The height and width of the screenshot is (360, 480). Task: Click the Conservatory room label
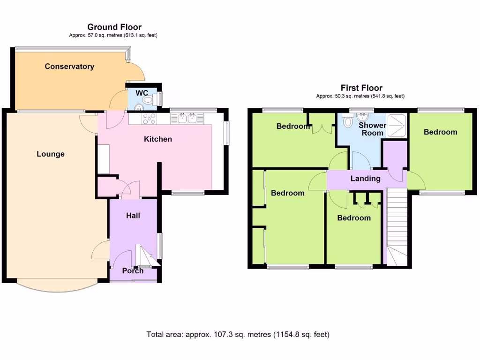click(x=69, y=67)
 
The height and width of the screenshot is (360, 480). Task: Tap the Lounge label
click(x=51, y=154)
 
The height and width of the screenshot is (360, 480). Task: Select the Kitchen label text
click(x=158, y=139)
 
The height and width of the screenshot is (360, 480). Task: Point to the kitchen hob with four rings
click(x=149, y=119)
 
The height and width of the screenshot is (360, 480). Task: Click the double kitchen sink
click(x=187, y=119)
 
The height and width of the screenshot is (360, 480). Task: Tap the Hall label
click(x=133, y=216)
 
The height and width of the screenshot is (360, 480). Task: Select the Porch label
click(x=133, y=271)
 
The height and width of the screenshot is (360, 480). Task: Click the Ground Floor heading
click(x=114, y=27)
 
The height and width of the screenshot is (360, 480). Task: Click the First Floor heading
click(x=361, y=88)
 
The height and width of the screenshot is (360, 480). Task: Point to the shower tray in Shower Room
click(x=397, y=125)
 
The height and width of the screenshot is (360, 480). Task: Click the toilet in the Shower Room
click(x=348, y=120)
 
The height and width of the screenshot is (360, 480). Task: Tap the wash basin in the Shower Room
click(x=362, y=117)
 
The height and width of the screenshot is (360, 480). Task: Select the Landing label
click(x=366, y=179)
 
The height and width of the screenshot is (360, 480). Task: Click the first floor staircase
click(x=397, y=227)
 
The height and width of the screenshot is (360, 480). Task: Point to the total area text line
click(x=238, y=334)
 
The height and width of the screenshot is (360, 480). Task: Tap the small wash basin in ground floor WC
click(x=139, y=107)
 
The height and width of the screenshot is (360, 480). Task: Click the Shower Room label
click(x=372, y=129)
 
